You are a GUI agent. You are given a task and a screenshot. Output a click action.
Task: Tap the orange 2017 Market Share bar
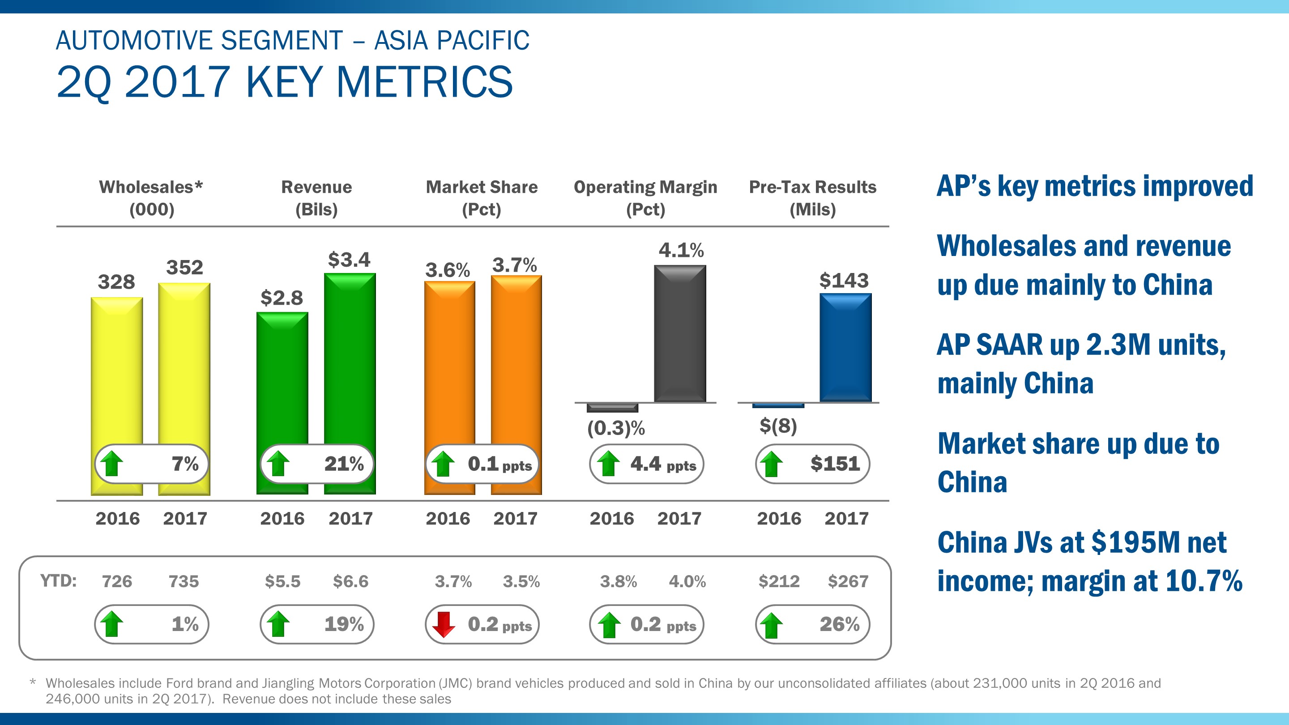pyautogui.click(x=516, y=360)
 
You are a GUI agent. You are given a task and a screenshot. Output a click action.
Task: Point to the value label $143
pyautogui.click(x=844, y=280)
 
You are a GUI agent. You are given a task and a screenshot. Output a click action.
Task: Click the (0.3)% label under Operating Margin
pyautogui.click(x=616, y=428)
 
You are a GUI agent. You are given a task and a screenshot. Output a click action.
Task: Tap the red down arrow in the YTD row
pyautogui.click(x=444, y=624)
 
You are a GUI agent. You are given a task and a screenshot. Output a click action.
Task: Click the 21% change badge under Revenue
pyautogui.click(x=317, y=464)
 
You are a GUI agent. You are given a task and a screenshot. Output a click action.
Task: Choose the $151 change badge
pyautogui.click(x=812, y=464)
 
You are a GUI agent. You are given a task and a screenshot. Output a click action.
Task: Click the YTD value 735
pyautogui.click(x=184, y=581)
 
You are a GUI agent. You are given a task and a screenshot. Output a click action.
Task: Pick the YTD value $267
pyautogui.click(x=848, y=581)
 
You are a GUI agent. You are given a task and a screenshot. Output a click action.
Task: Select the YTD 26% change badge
pyautogui.click(x=812, y=624)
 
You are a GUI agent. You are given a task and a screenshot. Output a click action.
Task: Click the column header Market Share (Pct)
pyautogui.click(x=482, y=198)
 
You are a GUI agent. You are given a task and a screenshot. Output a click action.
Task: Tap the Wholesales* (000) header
pyautogui.click(x=151, y=198)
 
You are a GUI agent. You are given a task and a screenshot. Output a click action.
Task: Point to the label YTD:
pyautogui.click(x=58, y=581)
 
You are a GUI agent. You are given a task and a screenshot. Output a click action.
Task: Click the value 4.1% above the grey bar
pyautogui.click(x=680, y=250)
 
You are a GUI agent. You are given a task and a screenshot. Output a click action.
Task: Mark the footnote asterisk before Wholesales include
pyautogui.click(x=33, y=683)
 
